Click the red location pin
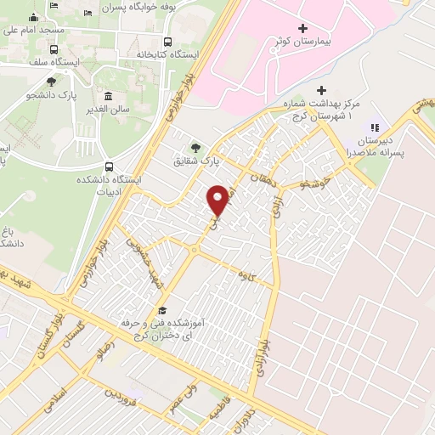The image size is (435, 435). (218, 199)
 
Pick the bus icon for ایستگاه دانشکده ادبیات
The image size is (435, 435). (109, 167)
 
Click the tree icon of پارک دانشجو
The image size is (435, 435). (52, 82)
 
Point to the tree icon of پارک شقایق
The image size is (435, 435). (196, 146)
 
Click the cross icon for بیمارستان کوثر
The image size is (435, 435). (303, 28)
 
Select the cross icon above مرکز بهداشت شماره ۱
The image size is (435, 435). (321, 90)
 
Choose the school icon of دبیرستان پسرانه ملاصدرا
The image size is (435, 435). (375, 128)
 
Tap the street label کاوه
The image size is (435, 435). (248, 275)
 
